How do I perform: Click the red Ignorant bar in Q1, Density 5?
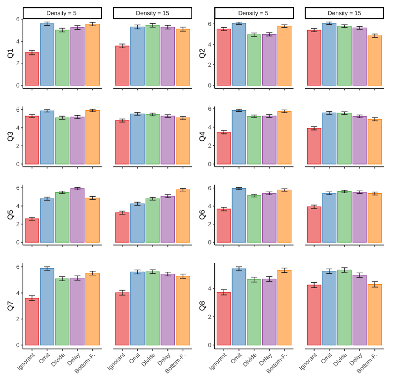pyautogui.click(x=32, y=69)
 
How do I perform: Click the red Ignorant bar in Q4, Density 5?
pyautogui.click(x=224, y=148)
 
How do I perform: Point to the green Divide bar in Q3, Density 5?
pyautogui.click(x=62, y=140)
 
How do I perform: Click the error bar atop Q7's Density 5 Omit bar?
pyautogui.click(x=47, y=269)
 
